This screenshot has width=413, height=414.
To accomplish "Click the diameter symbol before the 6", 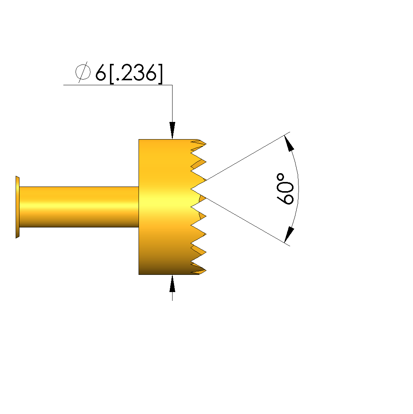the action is [83, 72].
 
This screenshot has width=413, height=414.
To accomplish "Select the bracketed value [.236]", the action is [136, 74].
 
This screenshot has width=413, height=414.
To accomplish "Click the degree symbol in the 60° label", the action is [281, 177].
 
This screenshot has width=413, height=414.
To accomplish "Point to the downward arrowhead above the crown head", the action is [173, 130].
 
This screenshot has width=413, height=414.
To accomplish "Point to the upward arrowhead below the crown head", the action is [173, 283].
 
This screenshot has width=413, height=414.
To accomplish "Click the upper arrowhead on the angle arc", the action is [289, 143].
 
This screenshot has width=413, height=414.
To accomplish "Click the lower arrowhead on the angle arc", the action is [289, 234].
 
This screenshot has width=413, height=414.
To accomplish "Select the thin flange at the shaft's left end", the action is [18, 207].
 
